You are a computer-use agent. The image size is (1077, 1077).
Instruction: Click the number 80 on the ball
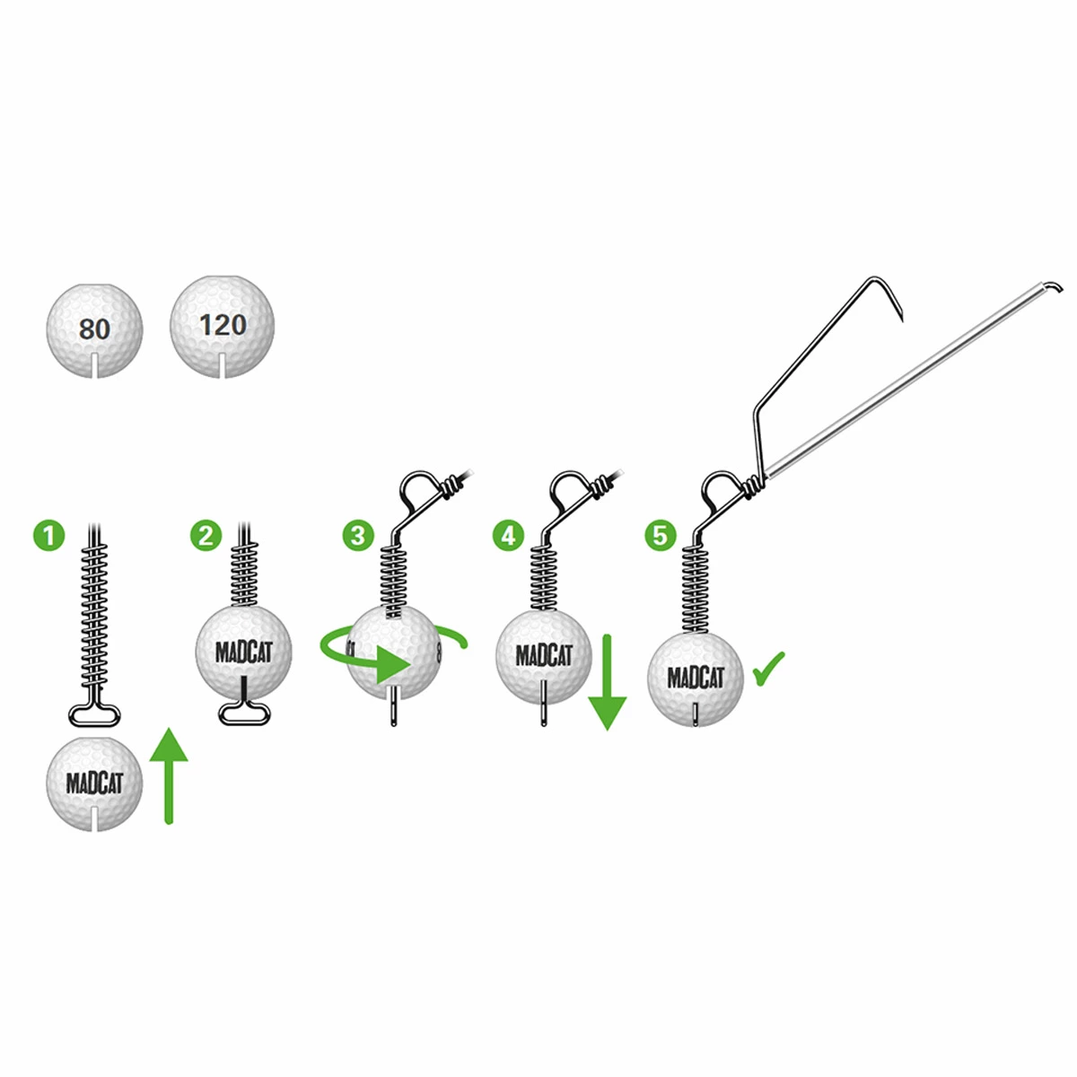pyautogui.click(x=94, y=329)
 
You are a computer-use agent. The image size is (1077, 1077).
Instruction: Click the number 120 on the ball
pyautogui.click(x=223, y=324)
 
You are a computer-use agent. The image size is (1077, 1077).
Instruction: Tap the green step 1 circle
pyautogui.click(x=50, y=536)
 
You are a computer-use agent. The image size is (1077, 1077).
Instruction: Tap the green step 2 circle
pyautogui.click(x=206, y=536)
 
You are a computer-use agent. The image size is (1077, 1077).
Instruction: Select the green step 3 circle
pyautogui.click(x=358, y=536)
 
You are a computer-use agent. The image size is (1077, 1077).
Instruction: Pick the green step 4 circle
pyautogui.click(x=509, y=536)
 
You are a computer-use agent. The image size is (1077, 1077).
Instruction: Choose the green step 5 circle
pyautogui.click(x=661, y=536)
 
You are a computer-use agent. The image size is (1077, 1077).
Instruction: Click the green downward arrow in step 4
pyautogui.click(x=608, y=682)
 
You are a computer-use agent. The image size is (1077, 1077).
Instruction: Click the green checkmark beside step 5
pyautogui.click(x=769, y=669)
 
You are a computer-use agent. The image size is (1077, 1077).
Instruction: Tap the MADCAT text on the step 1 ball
pyautogui.click(x=94, y=783)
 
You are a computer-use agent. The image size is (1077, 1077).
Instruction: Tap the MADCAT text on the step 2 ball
pyautogui.click(x=243, y=652)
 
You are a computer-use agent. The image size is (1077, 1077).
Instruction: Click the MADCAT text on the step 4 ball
pyautogui.click(x=544, y=655)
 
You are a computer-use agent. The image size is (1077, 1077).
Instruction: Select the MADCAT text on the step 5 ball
pyautogui.click(x=696, y=678)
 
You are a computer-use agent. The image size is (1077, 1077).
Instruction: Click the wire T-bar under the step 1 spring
pyautogui.click(x=94, y=714)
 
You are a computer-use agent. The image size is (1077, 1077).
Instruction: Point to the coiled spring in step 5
pyautogui.click(x=695, y=588)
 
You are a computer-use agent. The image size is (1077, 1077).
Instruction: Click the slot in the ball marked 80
pyautogui.click(x=94, y=366)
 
